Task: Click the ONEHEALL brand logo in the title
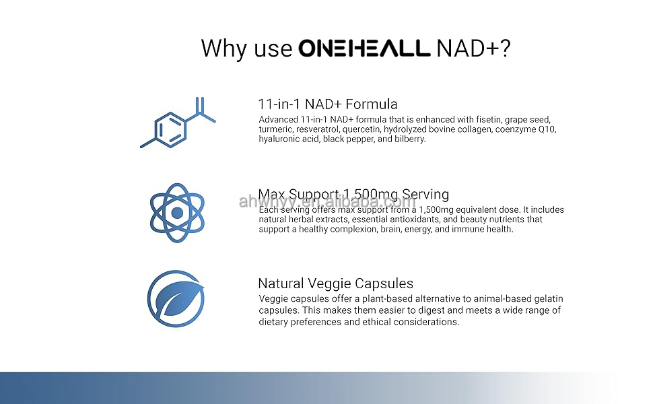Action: tap(364, 48)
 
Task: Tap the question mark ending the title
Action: tap(505, 48)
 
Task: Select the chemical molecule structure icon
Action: tap(178, 123)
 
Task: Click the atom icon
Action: tap(177, 213)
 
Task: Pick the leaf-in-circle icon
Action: tap(176, 299)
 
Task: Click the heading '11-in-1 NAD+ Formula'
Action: tap(328, 104)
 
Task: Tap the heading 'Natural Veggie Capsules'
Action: tap(336, 283)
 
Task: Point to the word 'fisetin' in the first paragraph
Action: tap(489, 120)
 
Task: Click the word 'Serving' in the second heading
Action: tap(425, 195)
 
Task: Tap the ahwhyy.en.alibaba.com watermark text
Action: tap(327, 201)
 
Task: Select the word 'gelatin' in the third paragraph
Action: tap(547, 299)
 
